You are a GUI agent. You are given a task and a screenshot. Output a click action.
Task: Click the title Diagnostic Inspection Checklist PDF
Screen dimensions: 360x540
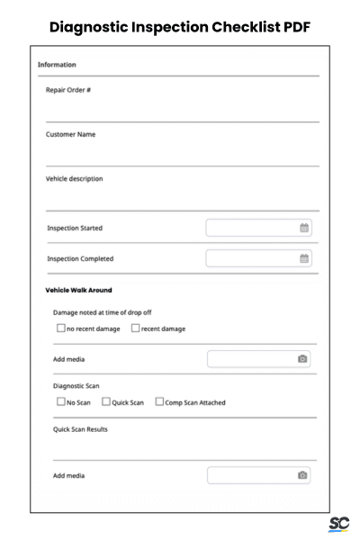coord(180,26)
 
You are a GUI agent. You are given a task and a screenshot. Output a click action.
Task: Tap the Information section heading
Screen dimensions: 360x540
coord(57,65)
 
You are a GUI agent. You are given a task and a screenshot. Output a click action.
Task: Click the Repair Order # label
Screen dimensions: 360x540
coord(68,90)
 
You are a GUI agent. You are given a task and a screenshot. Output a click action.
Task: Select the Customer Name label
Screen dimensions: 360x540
coord(71,134)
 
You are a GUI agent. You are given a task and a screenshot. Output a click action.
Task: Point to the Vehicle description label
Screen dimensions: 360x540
coord(75,178)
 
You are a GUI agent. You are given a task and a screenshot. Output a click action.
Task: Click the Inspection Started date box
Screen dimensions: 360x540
coord(252,228)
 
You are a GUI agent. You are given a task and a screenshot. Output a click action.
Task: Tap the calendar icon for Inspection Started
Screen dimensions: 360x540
coord(304,228)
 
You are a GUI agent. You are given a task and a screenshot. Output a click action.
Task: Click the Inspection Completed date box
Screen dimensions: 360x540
coord(252,258)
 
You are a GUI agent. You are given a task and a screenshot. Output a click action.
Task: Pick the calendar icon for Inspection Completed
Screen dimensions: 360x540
coord(304,258)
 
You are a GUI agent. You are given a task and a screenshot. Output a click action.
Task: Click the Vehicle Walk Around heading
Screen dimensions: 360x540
coord(78,290)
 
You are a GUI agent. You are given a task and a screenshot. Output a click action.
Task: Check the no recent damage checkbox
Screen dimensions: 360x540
coord(60,328)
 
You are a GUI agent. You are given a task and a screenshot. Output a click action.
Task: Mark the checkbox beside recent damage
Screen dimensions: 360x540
coord(136,328)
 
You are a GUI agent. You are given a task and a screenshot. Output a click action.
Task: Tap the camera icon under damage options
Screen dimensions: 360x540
coord(303,359)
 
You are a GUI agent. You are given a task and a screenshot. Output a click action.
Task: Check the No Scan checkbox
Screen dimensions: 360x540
coord(60,402)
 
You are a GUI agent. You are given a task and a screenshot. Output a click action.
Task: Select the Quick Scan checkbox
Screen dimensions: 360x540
coord(106,402)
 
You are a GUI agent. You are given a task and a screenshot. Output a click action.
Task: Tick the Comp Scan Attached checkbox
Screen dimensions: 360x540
coord(159,402)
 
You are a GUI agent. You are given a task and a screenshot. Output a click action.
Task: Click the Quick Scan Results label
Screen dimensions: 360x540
coord(80,429)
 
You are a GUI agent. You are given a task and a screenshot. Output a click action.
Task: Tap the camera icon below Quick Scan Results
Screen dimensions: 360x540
coord(303,475)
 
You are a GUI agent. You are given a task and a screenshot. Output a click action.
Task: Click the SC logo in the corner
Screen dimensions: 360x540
coord(339,525)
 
